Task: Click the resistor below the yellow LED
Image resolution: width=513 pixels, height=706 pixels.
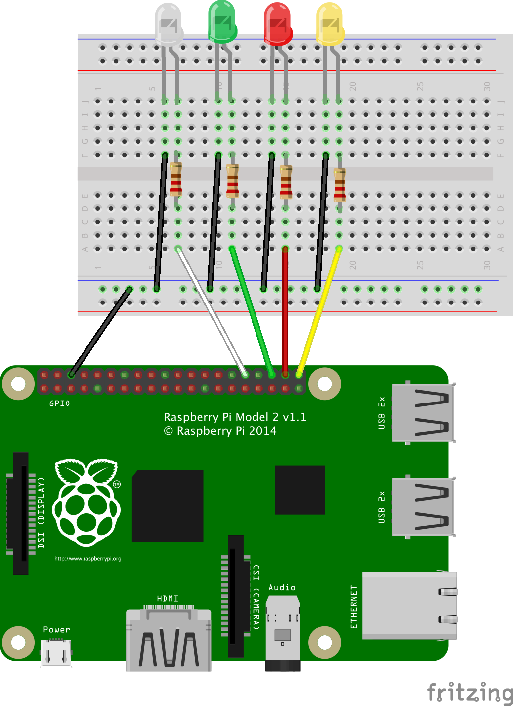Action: (x=340, y=185)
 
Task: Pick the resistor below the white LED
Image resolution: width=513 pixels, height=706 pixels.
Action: (x=175, y=179)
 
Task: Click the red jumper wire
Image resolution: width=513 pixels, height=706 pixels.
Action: (x=285, y=308)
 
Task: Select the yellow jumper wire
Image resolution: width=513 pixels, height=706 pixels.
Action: (x=318, y=313)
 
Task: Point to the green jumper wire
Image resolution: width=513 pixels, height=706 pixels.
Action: (x=251, y=308)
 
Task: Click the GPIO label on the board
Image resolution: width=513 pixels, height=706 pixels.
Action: (x=59, y=403)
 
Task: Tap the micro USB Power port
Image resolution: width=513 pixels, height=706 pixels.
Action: (x=56, y=652)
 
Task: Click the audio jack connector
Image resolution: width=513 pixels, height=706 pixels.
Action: (x=283, y=632)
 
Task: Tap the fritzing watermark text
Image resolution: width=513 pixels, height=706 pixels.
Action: (x=470, y=692)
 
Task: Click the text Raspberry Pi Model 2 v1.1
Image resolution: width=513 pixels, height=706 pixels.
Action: (x=235, y=417)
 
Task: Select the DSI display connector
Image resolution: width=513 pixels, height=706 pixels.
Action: (x=20, y=513)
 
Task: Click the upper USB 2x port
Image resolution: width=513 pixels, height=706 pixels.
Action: (x=423, y=412)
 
